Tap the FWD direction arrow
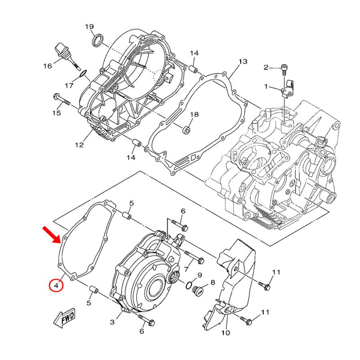tap(65, 318)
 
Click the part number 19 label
tap(89, 27)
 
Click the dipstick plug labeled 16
tap(66, 55)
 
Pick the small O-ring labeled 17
tap(83, 74)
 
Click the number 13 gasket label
tap(243, 62)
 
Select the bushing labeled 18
tap(187, 130)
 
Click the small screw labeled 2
tap(284, 70)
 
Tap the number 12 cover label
tap(79, 145)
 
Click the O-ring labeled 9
tap(189, 285)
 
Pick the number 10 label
tap(226, 332)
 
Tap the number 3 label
tap(112, 322)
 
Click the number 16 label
tap(48, 66)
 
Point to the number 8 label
tap(213, 282)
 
